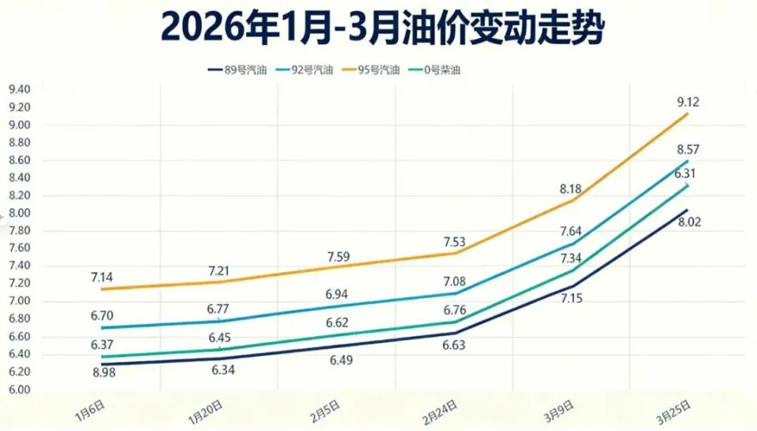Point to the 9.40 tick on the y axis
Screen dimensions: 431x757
pyautogui.click(x=19, y=89)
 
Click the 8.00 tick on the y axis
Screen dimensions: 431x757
pyautogui.click(x=19, y=213)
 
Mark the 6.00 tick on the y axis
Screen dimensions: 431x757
pyautogui.click(x=19, y=389)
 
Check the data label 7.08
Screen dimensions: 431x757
pyautogui.click(x=455, y=281)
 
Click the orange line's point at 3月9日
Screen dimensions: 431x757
pyautogui.click(x=572, y=200)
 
